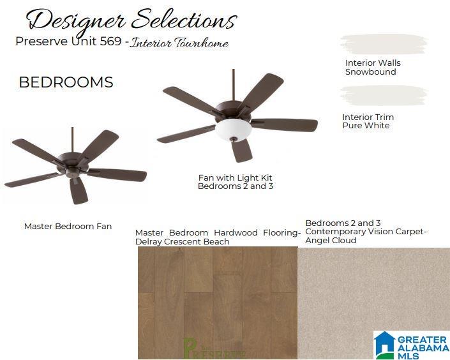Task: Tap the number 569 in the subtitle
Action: click(110, 41)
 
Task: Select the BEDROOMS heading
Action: click(66, 82)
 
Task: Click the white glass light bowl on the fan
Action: click(234, 128)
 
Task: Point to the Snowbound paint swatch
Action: click(384, 45)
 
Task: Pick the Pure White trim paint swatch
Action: click(384, 96)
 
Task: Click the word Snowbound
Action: click(370, 71)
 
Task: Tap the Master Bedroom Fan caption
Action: click(68, 226)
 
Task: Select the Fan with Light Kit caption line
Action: click(236, 177)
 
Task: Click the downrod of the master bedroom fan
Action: click(72, 140)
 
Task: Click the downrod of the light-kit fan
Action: click(234, 85)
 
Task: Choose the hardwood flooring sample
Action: click(218, 303)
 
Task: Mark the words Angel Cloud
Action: click(331, 240)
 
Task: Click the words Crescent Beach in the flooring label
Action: click(197, 242)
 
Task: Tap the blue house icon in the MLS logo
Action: click(385, 345)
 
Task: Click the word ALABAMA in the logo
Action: click(423, 349)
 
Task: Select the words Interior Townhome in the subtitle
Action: click(179, 43)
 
